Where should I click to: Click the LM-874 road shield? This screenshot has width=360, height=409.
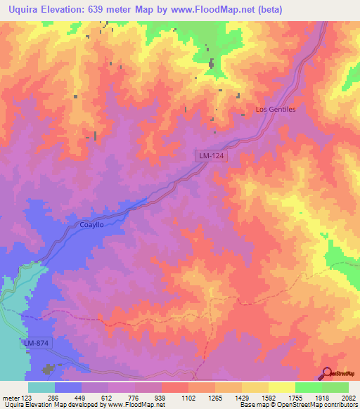pyautogui.click(x=35, y=342)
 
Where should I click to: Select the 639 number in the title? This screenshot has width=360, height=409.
pyautogui.click(x=105, y=9)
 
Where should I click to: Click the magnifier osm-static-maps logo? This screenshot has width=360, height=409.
pyautogui.click(x=328, y=373)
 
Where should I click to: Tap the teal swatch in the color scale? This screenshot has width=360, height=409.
pyautogui.click(x=41, y=387)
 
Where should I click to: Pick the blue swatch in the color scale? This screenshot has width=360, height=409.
pyautogui.click(x=68, y=387)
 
